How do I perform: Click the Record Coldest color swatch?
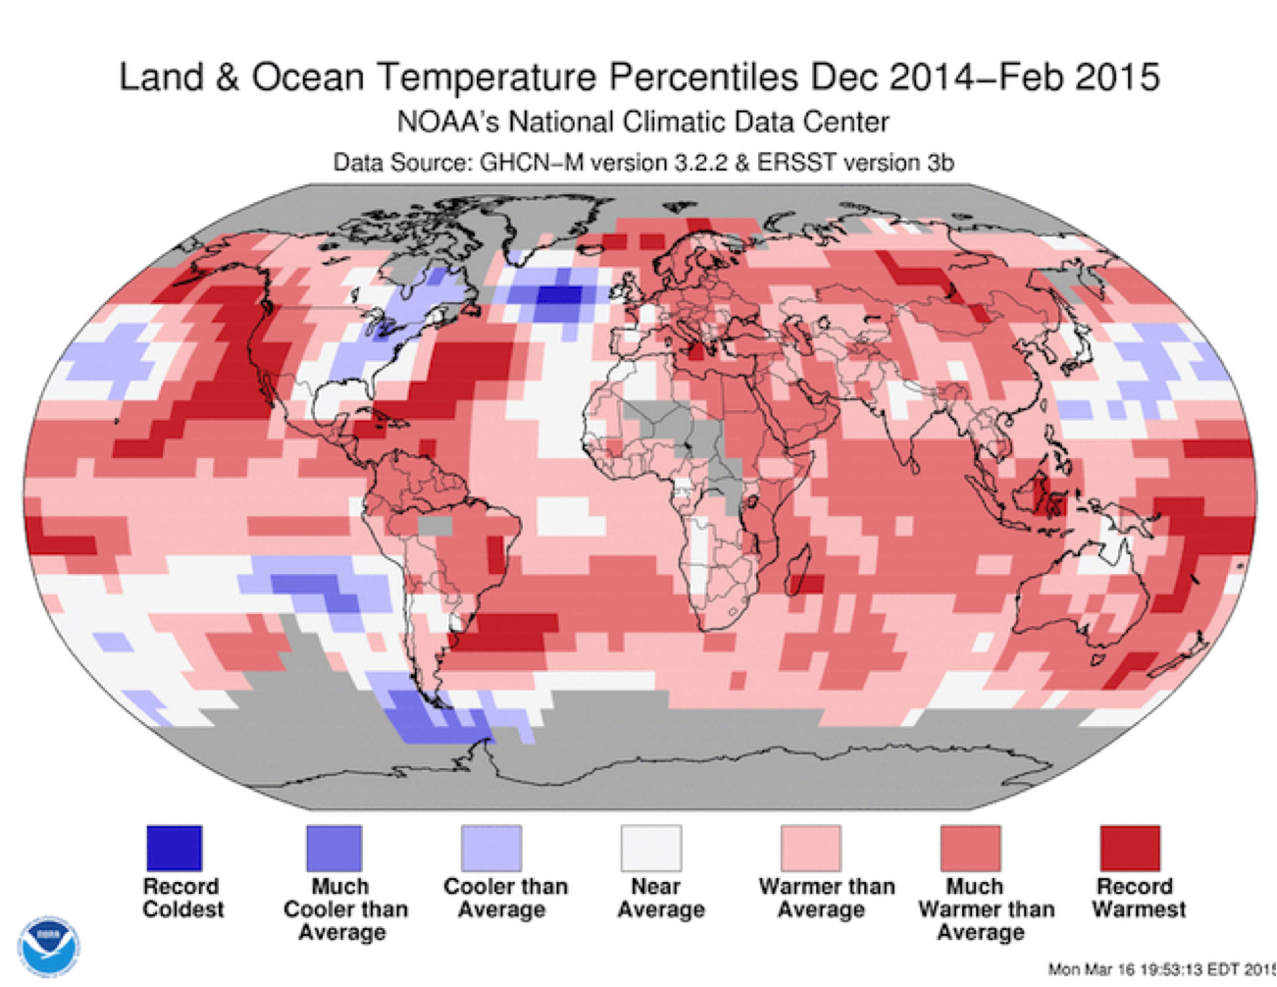pos(174,848)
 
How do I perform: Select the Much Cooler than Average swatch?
pos(333,848)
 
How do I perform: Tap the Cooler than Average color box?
pos(491,848)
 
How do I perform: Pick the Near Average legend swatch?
pos(651,848)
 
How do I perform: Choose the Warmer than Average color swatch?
pos(811,848)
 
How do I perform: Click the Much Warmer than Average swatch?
pos(971,848)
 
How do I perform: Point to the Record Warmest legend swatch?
pos(1131,848)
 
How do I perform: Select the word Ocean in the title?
pos(308,77)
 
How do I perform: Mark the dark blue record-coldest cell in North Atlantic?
pos(559,294)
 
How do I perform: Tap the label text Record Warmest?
pos(1139,898)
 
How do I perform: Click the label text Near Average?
pos(660,898)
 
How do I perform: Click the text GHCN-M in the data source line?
pos(532,163)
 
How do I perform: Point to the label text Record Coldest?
pos(182,898)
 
